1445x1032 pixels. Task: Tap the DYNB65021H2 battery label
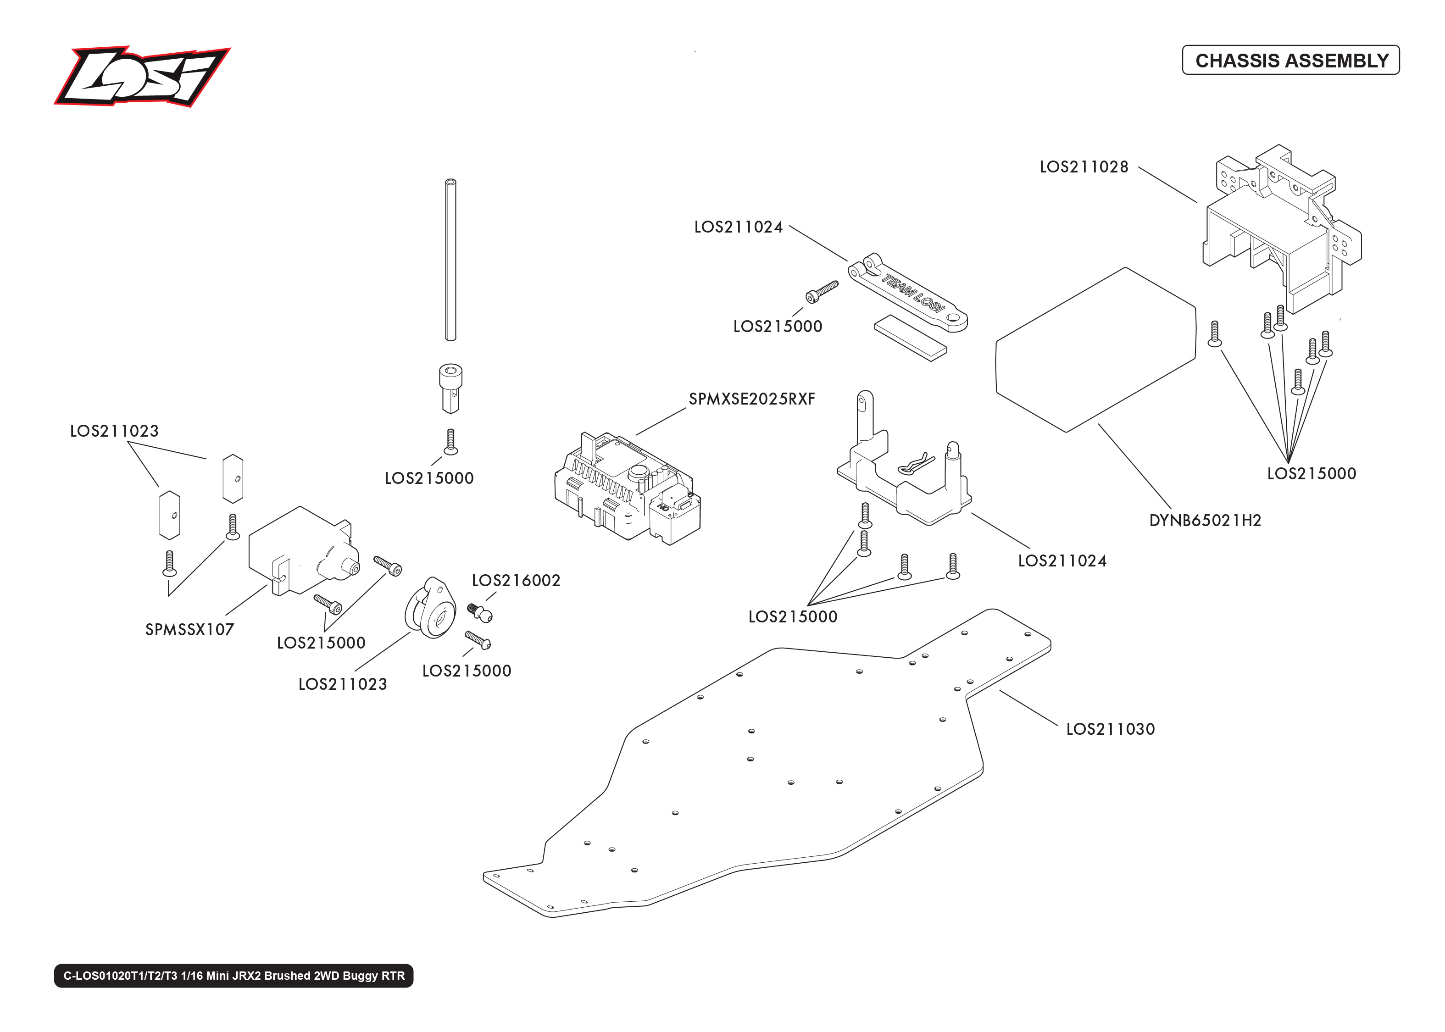tap(1204, 521)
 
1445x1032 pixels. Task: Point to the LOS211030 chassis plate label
tap(1110, 729)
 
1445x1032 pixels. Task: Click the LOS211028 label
tap(1084, 167)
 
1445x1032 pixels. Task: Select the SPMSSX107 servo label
tap(189, 630)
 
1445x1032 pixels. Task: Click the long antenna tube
tap(450, 261)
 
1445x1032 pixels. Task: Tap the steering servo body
tap(299, 549)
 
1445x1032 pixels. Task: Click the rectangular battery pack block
tap(1094, 350)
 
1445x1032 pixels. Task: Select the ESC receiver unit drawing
tap(626, 489)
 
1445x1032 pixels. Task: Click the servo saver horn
tap(430, 608)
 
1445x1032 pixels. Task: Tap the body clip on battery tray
tap(916, 464)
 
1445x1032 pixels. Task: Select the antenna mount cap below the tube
tap(450, 386)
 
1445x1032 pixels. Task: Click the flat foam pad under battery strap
tap(910, 338)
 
